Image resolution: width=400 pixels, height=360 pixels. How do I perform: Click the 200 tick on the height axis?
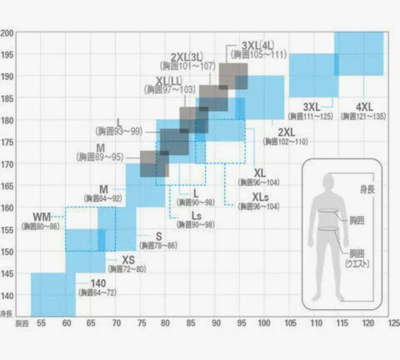7,33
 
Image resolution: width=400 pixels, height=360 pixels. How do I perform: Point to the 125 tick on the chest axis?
393,323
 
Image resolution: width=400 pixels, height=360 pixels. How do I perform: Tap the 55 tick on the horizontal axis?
41,323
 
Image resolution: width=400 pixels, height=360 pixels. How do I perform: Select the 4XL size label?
364,107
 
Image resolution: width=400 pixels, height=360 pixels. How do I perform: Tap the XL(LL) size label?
169,80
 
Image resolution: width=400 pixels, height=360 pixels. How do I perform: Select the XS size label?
128,260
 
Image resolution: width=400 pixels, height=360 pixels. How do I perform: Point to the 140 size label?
98,284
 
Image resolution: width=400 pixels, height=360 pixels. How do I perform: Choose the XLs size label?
261,197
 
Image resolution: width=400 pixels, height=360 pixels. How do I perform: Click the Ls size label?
196,216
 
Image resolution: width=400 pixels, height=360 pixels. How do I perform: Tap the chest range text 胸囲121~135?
363,116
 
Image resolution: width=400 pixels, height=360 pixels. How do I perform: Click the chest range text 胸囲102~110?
285,141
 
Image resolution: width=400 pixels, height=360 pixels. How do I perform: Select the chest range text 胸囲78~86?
159,245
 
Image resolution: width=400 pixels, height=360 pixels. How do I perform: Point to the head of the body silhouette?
328,181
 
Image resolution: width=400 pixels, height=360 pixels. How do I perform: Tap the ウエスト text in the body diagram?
357,264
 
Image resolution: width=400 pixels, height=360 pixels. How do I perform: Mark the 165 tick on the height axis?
7,186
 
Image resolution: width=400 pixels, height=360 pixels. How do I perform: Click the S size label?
159,236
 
